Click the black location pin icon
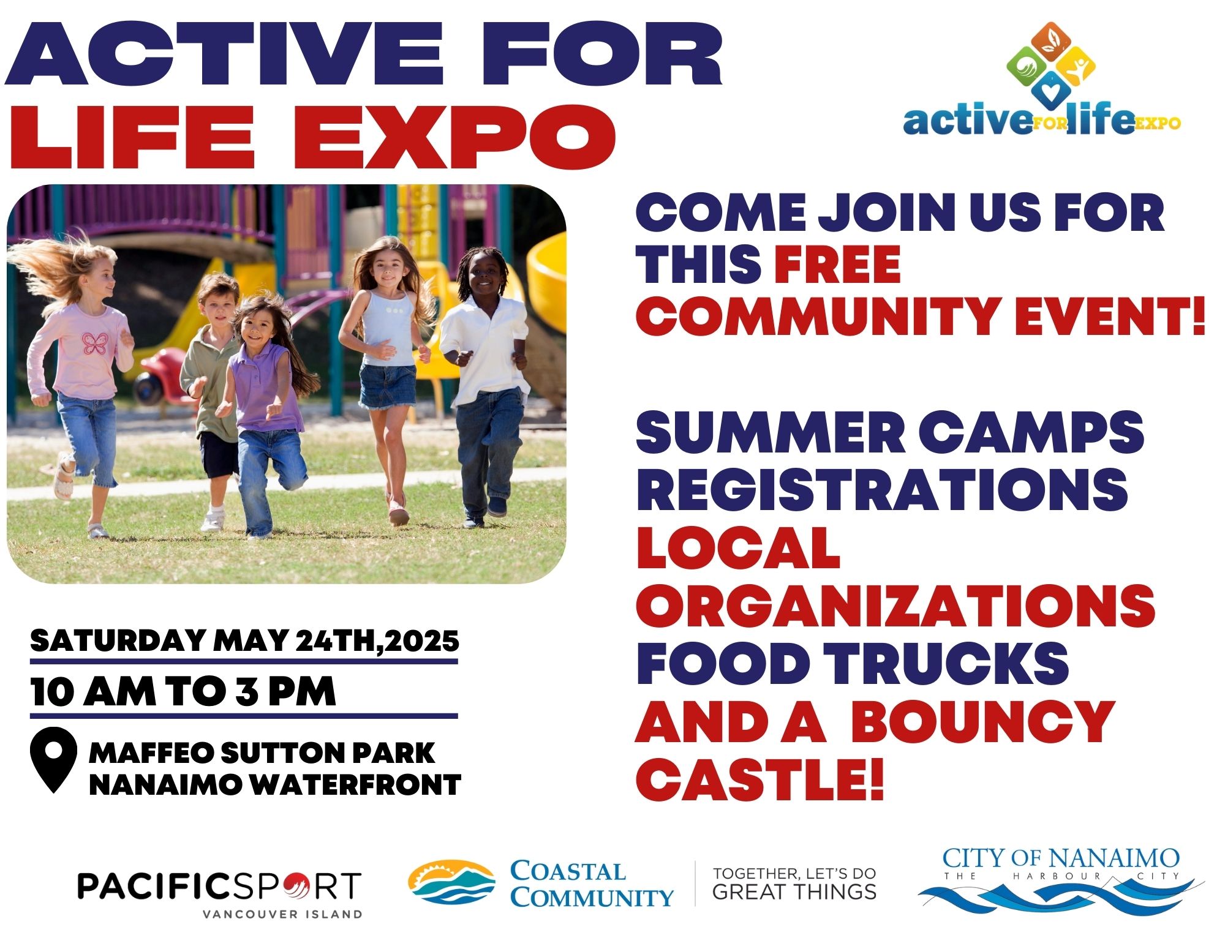tap(54, 759)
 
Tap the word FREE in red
tap(837, 264)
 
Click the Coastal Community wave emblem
tap(451, 882)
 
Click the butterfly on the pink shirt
tap(94, 344)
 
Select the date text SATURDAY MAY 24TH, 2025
tap(244, 641)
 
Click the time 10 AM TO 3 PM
tap(183, 692)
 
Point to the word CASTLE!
tap(760, 779)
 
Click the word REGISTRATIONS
tap(882, 489)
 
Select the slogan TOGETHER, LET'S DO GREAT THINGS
tap(794, 883)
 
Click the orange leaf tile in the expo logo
tap(1051, 41)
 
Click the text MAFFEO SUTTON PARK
tap(262, 753)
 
